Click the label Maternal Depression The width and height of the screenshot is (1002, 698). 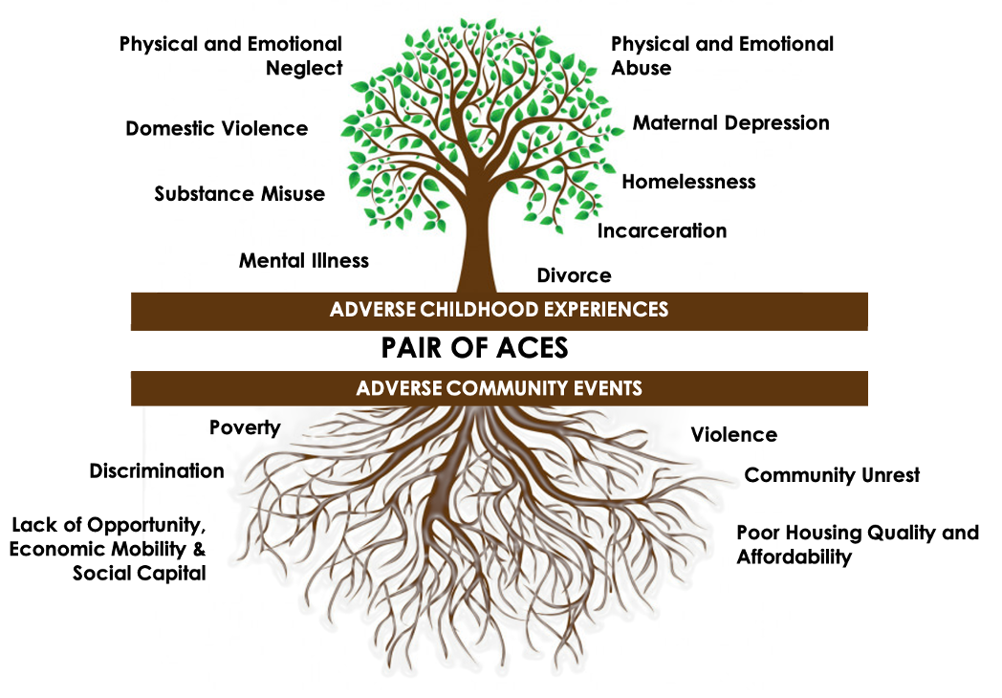tap(730, 123)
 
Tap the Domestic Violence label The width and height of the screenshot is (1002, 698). tap(217, 129)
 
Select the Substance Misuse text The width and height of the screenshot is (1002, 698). tap(240, 195)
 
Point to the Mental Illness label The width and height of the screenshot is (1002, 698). tap(304, 261)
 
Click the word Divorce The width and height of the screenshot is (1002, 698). tap(574, 276)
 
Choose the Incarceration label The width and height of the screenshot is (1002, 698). tap(662, 231)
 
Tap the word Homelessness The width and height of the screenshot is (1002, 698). tap(688, 182)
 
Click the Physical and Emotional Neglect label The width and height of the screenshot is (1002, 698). tap(230, 56)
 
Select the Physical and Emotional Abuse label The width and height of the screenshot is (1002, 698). tap(722, 56)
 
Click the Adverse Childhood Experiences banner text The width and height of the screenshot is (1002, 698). tap(498, 310)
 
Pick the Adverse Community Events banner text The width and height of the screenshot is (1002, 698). tap(498, 389)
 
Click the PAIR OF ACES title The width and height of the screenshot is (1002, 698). tap(474, 348)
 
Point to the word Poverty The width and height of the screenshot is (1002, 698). tap(245, 427)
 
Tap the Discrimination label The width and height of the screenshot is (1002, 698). tap(157, 471)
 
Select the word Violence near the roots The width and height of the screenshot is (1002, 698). tap(733, 436)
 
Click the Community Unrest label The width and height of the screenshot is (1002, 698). tap(832, 475)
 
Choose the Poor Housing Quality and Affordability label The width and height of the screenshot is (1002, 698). tap(857, 545)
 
